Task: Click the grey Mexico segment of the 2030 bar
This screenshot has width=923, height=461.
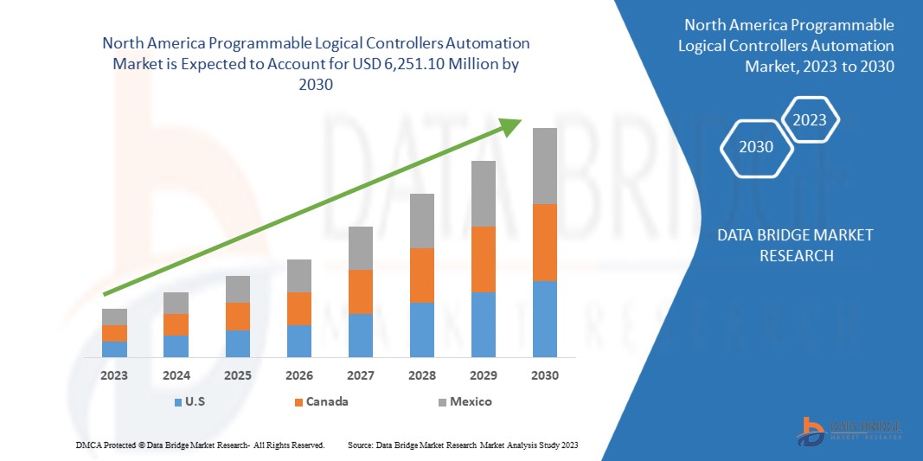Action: [544, 166]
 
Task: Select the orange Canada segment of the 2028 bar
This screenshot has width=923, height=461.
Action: [421, 275]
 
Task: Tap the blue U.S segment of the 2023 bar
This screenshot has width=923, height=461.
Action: [114, 349]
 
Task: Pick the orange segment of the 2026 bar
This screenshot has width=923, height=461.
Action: [299, 308]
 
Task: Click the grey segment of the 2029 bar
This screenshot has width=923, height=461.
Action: [483, 194]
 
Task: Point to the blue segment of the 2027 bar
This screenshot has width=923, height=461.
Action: [360, 335]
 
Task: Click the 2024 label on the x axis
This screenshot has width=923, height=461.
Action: [176, 376]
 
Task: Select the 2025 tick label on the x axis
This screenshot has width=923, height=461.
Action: [237, 376]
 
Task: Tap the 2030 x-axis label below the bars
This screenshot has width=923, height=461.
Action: [544, 376]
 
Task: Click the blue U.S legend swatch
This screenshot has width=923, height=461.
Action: [177, 402]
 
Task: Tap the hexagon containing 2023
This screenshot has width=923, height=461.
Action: [810, 120]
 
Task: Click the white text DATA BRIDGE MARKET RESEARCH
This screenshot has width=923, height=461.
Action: [796, 245]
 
